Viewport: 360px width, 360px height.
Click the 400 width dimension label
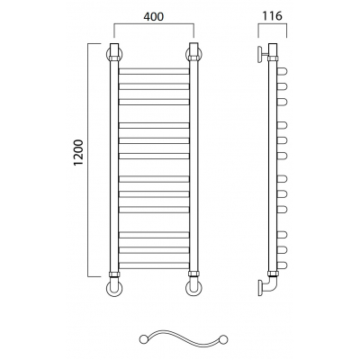(154, 16)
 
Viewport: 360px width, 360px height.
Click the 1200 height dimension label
(78, 152)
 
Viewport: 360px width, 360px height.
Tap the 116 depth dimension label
(273, 15)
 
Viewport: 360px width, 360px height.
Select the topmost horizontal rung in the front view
(154, 71)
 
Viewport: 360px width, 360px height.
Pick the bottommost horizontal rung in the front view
(154, 265)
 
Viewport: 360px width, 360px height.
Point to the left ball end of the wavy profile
(143, 339)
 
